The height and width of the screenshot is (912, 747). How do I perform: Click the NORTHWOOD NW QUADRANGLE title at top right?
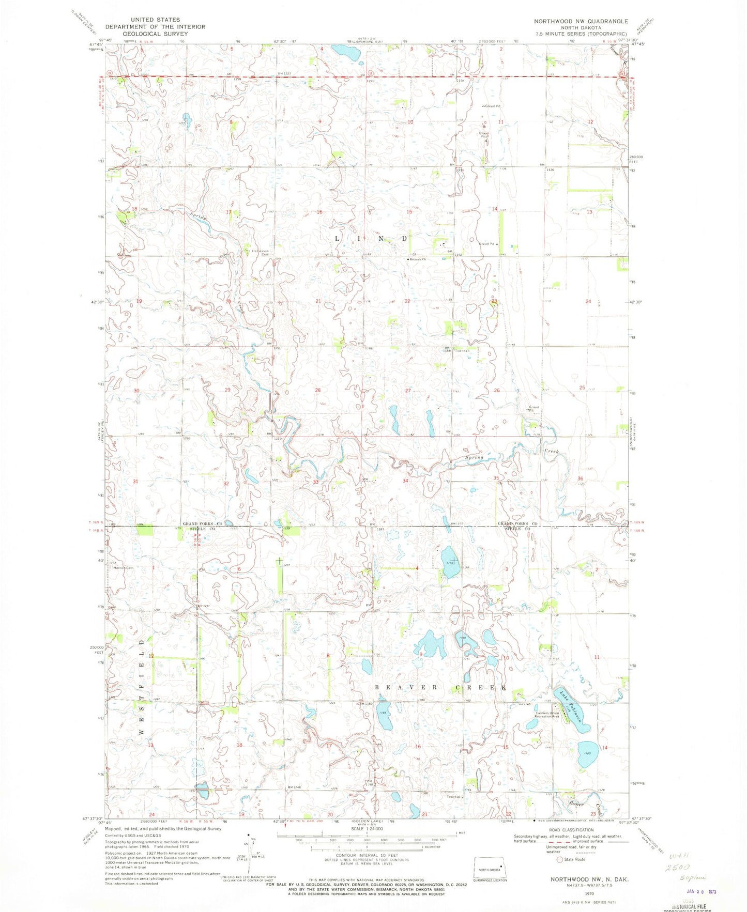click(582, 21)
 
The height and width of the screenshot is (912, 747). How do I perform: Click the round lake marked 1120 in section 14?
click(588, 754)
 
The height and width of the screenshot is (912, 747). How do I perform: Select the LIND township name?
click(372, 239)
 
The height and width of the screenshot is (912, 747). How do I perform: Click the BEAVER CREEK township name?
click(439, 688)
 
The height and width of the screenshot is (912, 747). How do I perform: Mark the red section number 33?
click(316, 482)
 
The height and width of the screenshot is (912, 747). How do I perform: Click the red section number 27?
click(408, 391)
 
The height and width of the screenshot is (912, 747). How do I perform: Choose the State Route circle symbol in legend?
click(559, 859)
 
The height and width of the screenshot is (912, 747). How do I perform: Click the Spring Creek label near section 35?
click(474, 457)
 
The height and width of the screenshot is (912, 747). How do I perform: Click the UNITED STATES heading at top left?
click(155, 20)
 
